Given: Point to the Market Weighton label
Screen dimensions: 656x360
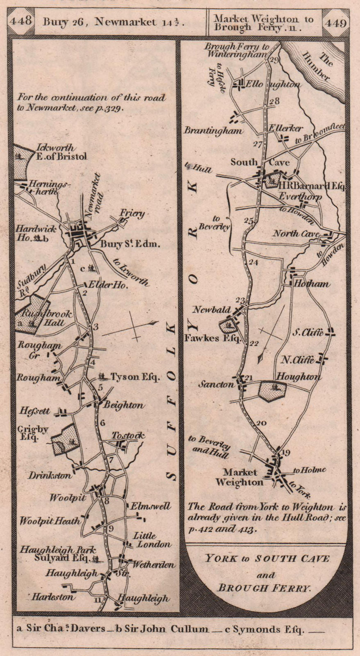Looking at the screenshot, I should [240, 478].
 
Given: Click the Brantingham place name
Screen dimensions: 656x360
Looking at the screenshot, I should [213, 131].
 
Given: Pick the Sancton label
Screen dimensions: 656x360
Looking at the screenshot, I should [216, 385].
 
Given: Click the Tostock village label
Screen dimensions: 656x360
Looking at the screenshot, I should [128, 436].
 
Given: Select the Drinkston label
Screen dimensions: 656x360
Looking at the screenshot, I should [50, 476].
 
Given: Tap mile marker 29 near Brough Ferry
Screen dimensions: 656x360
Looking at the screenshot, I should [274, 61].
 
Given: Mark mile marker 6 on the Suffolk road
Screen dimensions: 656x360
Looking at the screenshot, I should [102, 423].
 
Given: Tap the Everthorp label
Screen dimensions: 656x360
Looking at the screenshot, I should [301, 197].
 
